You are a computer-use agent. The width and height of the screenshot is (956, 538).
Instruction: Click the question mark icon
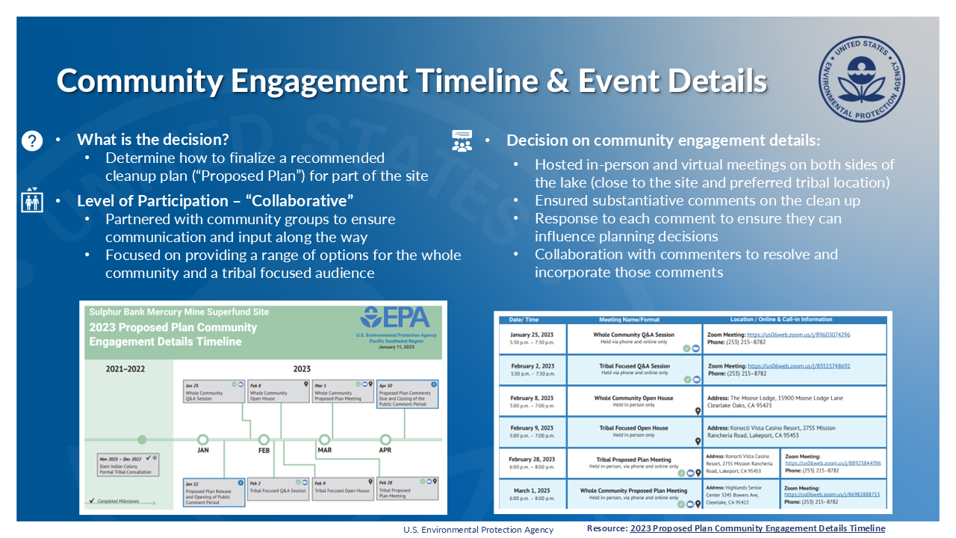coord(32,140)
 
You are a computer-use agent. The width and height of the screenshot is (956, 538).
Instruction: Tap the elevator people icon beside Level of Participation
coord(32,200)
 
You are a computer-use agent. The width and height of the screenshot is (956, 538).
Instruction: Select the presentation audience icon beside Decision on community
coord(462,140)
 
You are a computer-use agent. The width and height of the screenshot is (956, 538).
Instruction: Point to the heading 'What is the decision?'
coord(152,140)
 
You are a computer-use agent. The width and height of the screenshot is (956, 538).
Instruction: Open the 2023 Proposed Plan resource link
coord(757,528)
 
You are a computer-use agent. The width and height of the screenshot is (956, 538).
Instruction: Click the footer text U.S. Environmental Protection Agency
coord(478,530)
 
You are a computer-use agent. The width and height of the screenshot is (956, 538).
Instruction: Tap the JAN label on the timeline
coord(203,451)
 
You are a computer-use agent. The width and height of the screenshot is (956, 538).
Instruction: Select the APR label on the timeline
coord(385,451)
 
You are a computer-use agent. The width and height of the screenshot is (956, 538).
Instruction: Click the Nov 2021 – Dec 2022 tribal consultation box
coord(128,464)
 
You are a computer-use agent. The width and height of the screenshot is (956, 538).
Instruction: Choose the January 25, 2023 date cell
coord(533,338)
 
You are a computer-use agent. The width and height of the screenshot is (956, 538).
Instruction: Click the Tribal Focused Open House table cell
coord(633,432)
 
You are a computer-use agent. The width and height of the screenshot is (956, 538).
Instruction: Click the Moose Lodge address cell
coord(794,402)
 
